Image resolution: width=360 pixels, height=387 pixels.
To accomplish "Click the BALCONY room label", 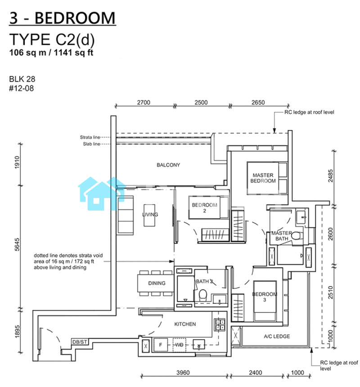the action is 168,165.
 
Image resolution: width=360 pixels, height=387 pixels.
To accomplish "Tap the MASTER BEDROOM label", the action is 263,178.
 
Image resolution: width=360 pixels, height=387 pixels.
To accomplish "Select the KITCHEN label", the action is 185,324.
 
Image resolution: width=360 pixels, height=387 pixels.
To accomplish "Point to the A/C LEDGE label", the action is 277,336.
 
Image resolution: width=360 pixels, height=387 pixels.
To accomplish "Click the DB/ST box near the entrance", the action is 80,342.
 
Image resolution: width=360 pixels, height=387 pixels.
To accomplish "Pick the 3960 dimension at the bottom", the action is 183,373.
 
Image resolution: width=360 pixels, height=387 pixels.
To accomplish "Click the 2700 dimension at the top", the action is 144,103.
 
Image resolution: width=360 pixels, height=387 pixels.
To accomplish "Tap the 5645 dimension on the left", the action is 17,244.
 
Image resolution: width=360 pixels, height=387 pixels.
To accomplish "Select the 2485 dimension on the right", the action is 331,176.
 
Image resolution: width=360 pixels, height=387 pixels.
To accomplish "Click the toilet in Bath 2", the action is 203,295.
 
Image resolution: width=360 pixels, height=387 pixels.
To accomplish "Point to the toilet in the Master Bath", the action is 296,236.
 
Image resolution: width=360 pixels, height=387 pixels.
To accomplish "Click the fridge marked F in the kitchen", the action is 161,345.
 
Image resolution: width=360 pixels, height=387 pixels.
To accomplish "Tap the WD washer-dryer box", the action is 180,345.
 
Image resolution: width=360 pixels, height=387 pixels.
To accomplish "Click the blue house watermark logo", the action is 102,193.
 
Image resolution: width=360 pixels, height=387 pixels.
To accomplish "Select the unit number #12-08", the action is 22,88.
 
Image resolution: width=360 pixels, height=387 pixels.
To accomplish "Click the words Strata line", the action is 90,137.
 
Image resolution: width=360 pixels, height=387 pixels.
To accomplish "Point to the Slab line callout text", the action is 91,144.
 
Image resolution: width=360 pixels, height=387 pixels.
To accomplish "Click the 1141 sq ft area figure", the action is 73,53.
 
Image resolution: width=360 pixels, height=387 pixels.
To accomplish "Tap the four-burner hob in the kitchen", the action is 220,325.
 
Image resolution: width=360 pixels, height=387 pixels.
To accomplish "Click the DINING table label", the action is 157,283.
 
